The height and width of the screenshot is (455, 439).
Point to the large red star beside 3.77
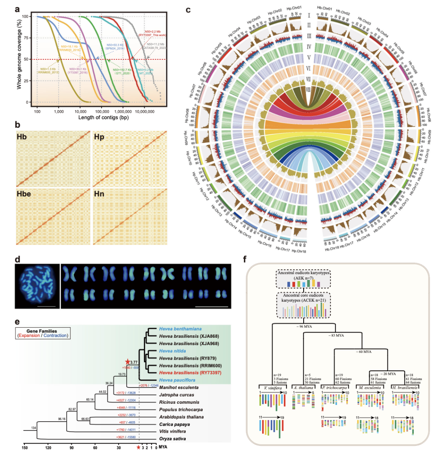click(x=127, y=361)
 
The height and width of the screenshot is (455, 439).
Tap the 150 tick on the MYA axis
click(x=24, y=448)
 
